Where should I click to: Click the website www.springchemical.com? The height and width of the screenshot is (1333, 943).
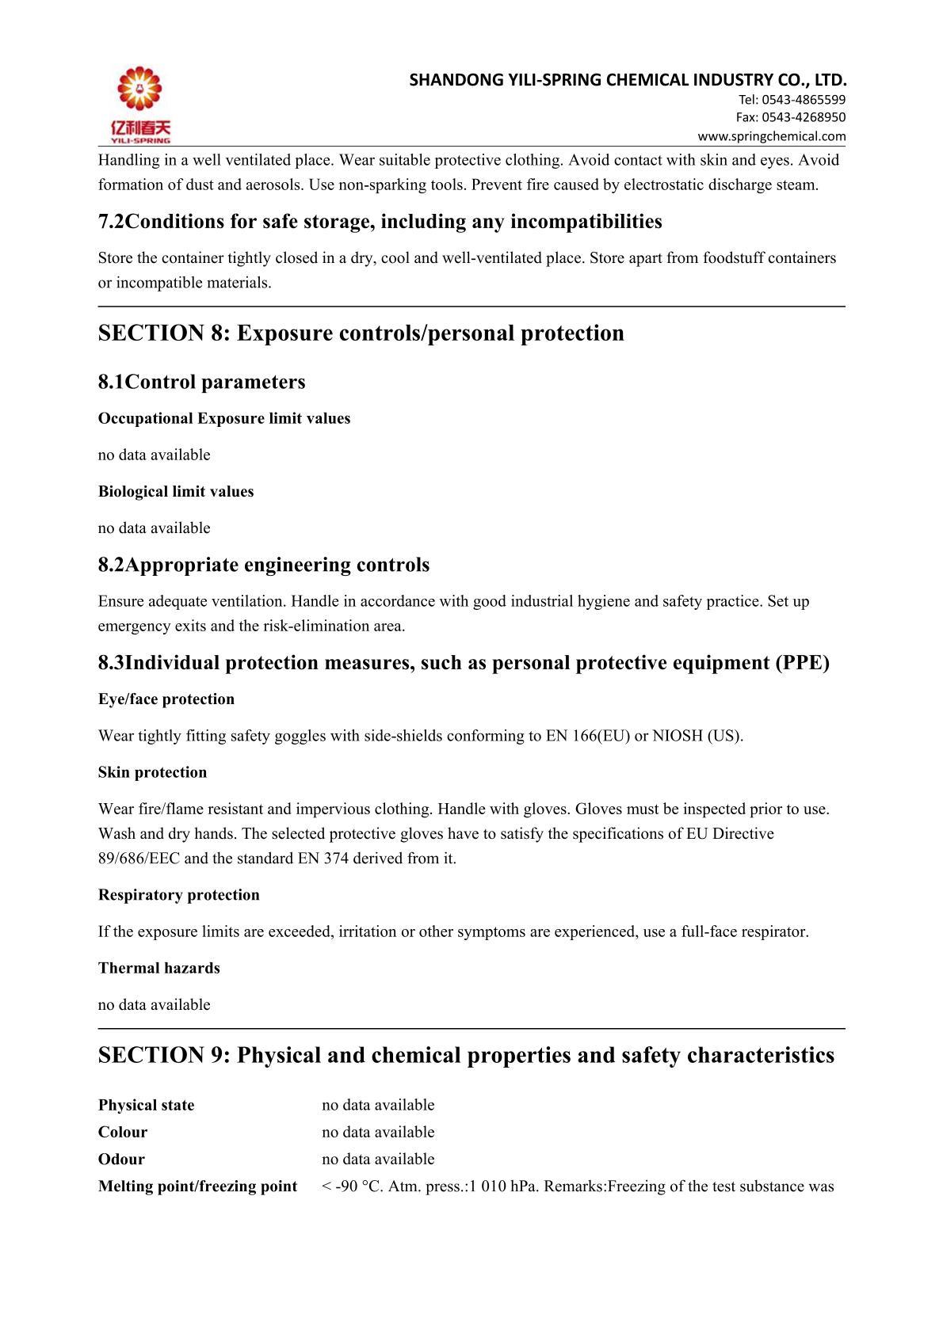point(771,135)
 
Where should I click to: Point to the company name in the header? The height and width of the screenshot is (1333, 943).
point(628,80)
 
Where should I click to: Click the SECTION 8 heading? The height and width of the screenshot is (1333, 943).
point(361,333)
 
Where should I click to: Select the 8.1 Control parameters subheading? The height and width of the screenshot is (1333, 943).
point(201,382)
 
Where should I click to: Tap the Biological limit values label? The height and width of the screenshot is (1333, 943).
point(176,491)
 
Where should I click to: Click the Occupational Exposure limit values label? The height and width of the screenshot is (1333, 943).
point(224,418)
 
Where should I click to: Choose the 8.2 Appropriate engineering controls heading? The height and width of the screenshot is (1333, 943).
point(263,565)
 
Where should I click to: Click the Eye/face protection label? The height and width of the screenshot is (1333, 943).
point(166,699)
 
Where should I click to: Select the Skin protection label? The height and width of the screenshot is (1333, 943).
point(152,772)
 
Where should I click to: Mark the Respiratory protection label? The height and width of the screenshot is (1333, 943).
point(179,895)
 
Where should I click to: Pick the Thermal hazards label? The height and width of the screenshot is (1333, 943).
point(159,968)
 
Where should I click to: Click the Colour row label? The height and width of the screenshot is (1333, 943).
point(123,1132)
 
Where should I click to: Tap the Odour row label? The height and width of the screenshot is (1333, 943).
point(121,1159)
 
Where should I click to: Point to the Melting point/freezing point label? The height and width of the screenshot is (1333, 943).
point(197,1186)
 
